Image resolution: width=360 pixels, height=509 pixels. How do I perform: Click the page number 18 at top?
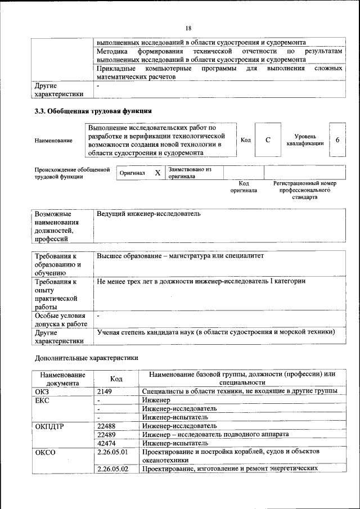point(188,28)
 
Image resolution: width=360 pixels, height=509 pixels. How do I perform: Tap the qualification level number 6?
point(337,139)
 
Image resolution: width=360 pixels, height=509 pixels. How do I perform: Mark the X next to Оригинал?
point(157,173)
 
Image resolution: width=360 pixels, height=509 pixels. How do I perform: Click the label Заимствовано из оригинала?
point(189,173)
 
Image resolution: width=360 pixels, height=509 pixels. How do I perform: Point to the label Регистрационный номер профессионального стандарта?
point(304,190)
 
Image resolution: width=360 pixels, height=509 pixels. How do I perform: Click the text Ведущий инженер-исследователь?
point(148,214)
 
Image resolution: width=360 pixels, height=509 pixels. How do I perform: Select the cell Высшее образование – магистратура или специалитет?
point(180,256)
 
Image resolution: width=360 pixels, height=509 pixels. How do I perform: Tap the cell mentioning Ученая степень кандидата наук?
point(215,332)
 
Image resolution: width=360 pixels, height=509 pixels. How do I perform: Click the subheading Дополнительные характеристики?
point(86,357)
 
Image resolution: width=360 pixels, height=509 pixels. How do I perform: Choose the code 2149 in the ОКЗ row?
point(105,391)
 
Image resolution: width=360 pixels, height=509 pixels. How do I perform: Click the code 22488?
point(106,426)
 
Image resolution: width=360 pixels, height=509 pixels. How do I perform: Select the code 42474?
point(106,443)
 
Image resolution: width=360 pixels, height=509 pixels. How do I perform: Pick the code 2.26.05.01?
point(112,452)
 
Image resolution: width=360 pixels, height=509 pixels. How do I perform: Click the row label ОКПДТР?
point(49,426)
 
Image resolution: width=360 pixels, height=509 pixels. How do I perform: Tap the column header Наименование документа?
point(62,379)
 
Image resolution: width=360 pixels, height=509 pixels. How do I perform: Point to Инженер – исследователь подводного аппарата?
point(215,435)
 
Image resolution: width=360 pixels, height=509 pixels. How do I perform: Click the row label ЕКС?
point(43,400)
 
